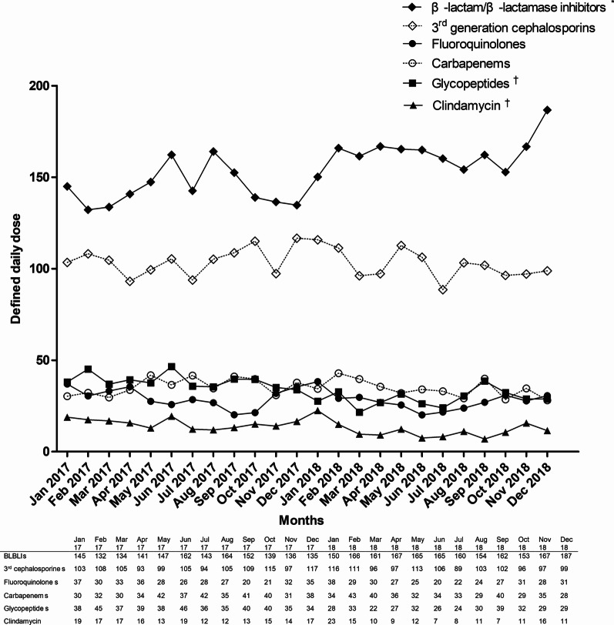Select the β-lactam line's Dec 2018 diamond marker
(547, 110)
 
